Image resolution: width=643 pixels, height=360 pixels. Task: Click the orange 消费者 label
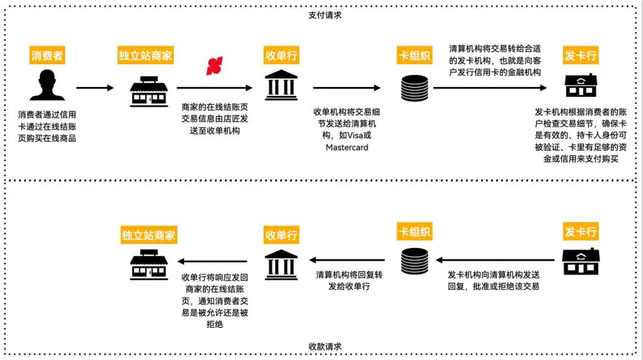47,56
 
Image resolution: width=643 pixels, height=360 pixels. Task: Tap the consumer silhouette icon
47,86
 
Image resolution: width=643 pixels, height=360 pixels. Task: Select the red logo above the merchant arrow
214,67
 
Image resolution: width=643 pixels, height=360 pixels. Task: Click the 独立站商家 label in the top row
145,56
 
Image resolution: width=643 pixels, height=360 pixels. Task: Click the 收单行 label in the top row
281,56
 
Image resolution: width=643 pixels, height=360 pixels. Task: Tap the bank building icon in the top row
282,86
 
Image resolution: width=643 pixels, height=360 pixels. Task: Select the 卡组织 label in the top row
414,56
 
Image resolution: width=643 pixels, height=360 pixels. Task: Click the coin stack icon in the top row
414,87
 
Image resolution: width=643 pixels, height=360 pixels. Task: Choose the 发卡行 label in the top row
580,56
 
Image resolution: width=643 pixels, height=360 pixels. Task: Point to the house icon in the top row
581,86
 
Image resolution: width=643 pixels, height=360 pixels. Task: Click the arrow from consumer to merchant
95,88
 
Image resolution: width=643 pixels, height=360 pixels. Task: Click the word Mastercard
347,147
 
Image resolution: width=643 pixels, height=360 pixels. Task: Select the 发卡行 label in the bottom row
580,231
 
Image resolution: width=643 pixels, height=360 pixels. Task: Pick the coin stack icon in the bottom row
414,261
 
